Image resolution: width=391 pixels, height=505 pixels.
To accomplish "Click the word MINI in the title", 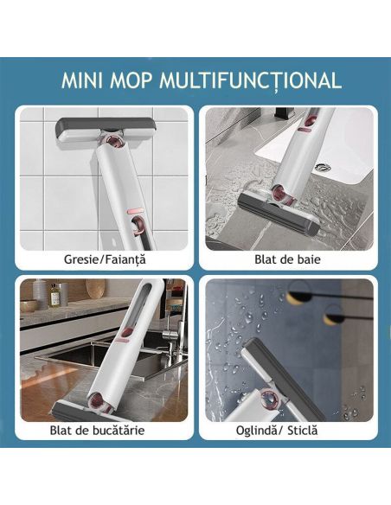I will [85, 80].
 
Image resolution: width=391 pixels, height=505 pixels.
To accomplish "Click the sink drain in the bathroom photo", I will [323, 167].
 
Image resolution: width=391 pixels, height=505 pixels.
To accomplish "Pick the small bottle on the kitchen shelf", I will [54, 296].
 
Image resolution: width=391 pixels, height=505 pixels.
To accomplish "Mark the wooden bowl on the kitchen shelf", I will [29, 304].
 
